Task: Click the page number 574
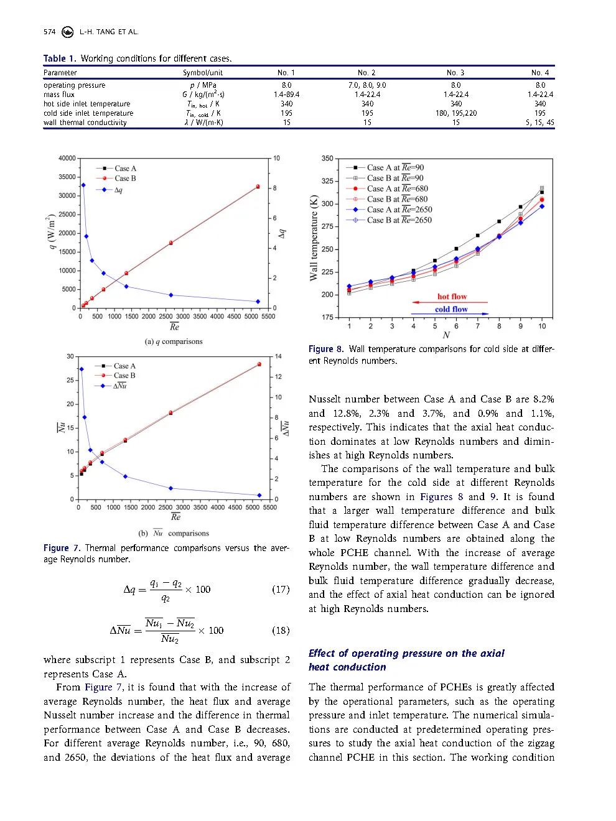coord(50,32)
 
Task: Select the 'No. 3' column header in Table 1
coord(455,73)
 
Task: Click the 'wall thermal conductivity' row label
coord(85,123)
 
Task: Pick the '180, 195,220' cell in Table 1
coord(455,113)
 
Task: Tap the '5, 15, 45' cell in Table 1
coord(539,123)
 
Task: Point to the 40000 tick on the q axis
coord(67,159)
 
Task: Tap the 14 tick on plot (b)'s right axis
coord(278,356)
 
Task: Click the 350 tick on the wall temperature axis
coord(327,159)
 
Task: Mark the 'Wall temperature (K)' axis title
coord(314,238)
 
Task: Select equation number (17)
coord(281,589)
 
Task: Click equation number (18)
coord(281,630)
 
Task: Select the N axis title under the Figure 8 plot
coord(446,336)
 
